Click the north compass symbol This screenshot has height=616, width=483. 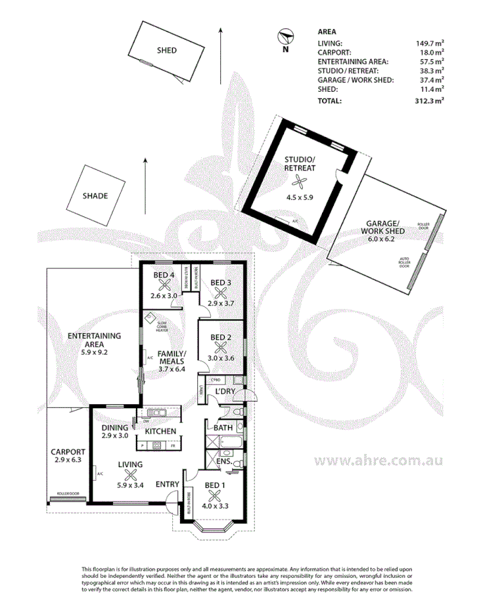point(285,36)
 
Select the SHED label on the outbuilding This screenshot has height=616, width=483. point(166,51)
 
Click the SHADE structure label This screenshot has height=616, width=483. point(95,195)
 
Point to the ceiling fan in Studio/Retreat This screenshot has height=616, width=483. point(300,182)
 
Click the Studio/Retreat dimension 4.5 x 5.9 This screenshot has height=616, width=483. point(300,197)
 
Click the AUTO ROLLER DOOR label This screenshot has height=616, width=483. point(405,263)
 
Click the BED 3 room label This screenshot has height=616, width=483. point(220,283)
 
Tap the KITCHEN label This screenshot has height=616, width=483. point(160,431)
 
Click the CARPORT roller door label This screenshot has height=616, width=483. point(68,493)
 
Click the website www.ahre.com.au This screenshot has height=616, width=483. point(378,461)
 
